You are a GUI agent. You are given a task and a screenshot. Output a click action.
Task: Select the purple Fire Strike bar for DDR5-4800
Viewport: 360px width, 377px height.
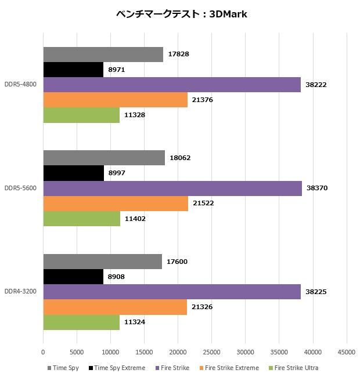point(172,85)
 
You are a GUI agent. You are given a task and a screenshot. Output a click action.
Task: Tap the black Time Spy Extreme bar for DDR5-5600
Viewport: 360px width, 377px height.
point(74,173)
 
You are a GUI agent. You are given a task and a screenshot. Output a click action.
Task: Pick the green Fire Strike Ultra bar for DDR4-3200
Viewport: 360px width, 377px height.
point(81,322)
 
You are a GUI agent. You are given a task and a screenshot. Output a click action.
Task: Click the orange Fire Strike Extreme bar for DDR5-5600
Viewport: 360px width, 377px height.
point(116,204)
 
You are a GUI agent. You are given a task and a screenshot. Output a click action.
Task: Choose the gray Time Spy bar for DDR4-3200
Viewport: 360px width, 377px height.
point(102,262)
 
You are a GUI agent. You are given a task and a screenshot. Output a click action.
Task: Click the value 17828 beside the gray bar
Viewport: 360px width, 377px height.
point(178,54)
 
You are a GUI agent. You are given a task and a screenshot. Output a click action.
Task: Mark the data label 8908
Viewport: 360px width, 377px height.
point(116,277)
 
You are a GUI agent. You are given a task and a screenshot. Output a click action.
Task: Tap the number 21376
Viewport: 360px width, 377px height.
point(203,100)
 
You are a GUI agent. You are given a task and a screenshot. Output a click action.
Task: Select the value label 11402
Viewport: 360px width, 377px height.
point(135,219)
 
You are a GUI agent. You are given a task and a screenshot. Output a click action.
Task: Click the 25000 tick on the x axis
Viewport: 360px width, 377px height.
point(212,352)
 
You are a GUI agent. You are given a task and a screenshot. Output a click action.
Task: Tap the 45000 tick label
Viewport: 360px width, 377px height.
point(347,352)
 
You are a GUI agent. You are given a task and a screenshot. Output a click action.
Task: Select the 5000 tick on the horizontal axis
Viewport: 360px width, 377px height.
point(77,352)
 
